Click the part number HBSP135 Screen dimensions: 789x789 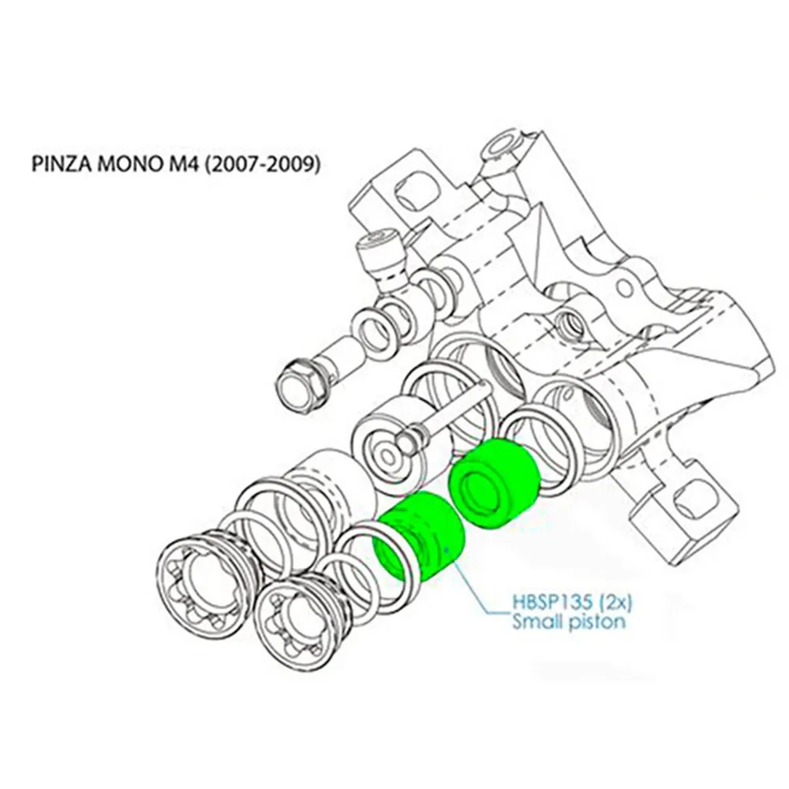click(547, 604)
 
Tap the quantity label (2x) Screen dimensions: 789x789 click(612, 604)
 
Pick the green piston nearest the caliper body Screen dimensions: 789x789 click(495, 483)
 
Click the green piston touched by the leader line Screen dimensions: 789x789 click(420, 537)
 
